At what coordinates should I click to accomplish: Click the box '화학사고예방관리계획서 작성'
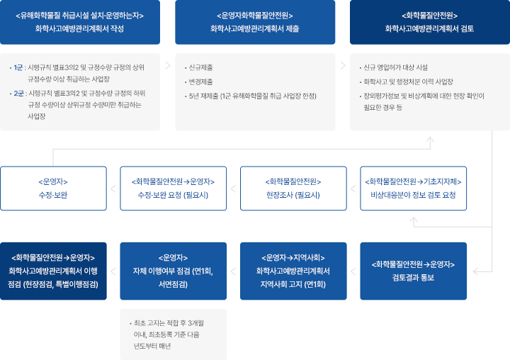pyautogui.click(x=79, y=22)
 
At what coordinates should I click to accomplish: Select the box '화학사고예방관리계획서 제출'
pyautogui.click(x=254, y=22)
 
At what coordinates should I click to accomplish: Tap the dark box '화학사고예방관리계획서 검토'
pyautogui.click(x=429, y=22)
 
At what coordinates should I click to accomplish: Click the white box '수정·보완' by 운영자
pyautogui.click(x=53, y=189)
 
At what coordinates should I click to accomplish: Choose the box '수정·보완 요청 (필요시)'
pyautogui.click(x=173, y=189)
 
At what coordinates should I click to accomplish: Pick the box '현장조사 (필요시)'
pyautogui.click(x=293, y=189)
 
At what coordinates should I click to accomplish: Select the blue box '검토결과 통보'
pyautogui.click(x=414, y=271)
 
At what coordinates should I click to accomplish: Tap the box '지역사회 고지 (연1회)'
pyautogui.click(x=293, y=271)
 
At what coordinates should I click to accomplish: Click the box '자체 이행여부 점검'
pyautogui.click(x=173, y=271)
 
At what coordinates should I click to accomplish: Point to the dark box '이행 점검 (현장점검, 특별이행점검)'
pyautogui.click(x=53, y=271)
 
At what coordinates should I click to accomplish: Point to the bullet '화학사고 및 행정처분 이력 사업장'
pyautogui.click(x=407, y=81)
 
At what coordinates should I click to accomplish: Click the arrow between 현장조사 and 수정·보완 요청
pyautogui.click(x=233, y=189)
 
